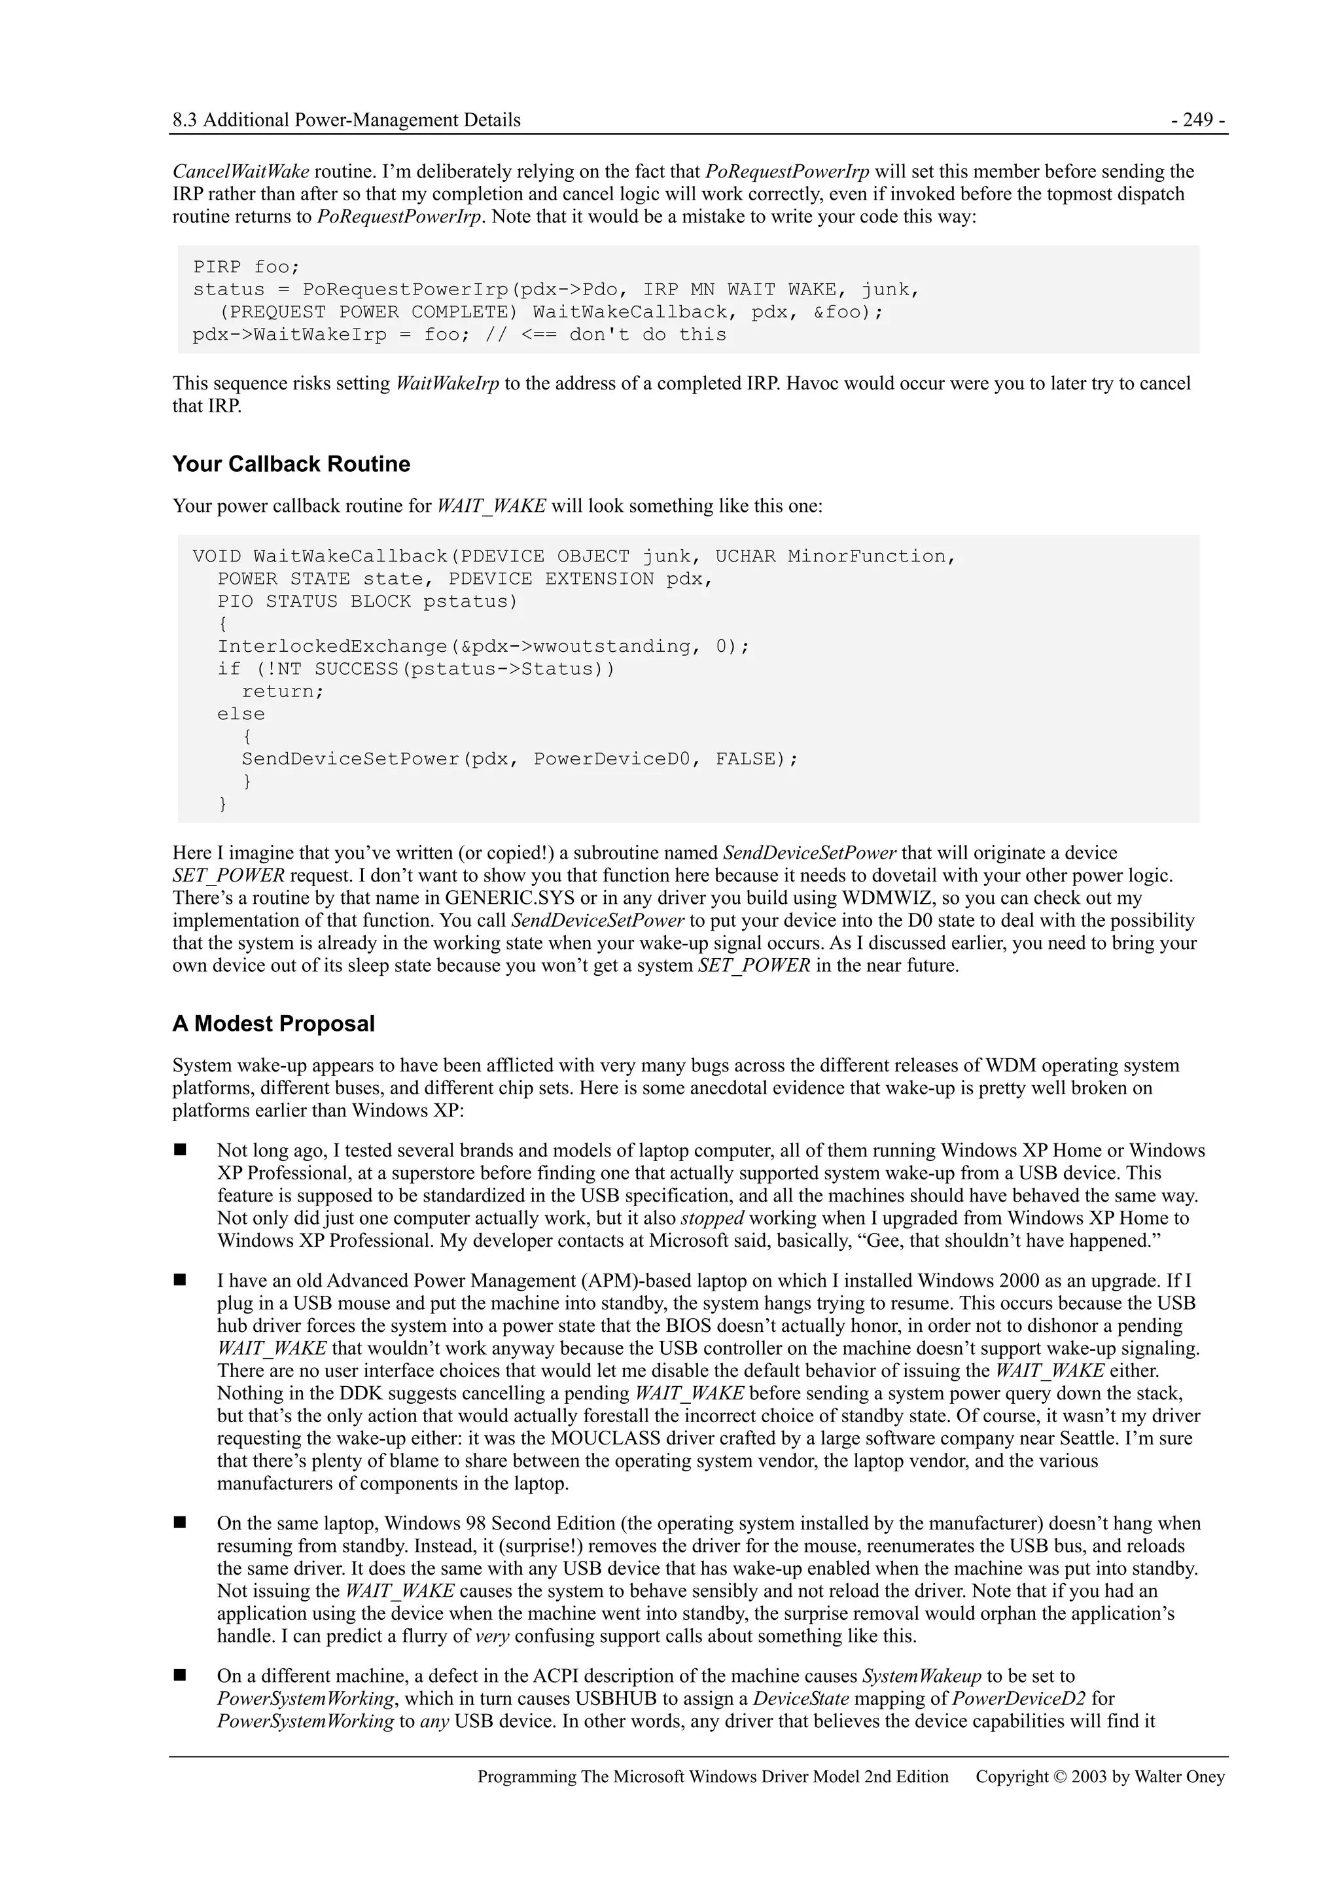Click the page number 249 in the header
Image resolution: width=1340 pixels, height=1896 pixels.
coord(1197,120)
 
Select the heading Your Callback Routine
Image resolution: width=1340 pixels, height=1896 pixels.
coord(291,464)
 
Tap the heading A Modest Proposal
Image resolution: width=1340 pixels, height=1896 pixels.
coord(273,1024)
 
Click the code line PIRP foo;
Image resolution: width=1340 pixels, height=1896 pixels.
coord(246,268)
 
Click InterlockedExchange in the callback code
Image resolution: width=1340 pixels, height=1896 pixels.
coord(332,647)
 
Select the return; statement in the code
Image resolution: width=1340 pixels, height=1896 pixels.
coord(283,691)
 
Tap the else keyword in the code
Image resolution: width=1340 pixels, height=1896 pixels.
coord(241,714)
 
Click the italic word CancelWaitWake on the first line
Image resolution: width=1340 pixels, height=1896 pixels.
coord(240,171)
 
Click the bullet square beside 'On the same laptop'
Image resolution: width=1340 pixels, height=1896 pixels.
coord(180,1523)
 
